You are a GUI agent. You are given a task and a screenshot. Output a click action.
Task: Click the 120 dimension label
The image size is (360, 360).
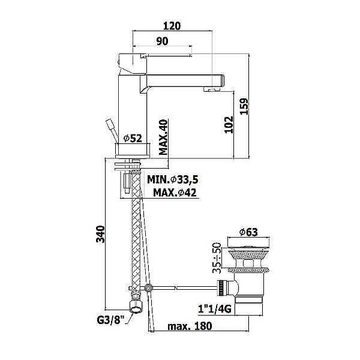tap(172, 26)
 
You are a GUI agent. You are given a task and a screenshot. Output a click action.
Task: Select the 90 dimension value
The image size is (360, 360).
tap(162, 41)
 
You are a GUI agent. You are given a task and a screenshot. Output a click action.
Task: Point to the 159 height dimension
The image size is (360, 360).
tap(244, 106)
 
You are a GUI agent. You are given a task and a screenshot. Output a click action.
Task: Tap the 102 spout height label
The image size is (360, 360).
tap(229, 125)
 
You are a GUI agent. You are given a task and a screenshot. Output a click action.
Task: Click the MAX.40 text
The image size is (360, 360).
tap(163, 137)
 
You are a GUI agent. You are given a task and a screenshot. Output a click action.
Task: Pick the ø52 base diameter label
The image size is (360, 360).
tap(133, 138)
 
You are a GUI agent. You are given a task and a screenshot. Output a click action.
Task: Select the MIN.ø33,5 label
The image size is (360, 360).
tap(173, 179)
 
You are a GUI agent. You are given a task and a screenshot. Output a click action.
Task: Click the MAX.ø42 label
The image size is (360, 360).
tap(175, 193)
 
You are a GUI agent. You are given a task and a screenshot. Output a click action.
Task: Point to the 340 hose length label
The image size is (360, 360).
tap(100, 234)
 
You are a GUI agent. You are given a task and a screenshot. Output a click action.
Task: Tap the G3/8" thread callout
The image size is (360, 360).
tap(110, 320)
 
